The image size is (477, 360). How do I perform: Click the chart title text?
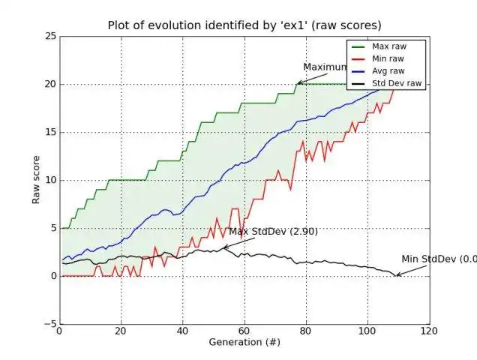[244, 24]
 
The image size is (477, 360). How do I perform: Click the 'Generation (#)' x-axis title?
[244, 342]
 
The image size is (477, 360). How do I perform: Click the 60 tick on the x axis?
[244, 331]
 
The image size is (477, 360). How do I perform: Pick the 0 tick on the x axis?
[59, 331]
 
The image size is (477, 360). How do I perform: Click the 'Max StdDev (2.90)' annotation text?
[273, 232]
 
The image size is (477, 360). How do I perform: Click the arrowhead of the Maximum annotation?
[298, 83]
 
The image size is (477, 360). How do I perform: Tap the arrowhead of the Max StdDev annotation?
[223, 248]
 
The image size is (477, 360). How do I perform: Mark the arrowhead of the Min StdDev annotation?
[397, 275]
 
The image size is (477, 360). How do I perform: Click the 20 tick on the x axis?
[121, 331]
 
